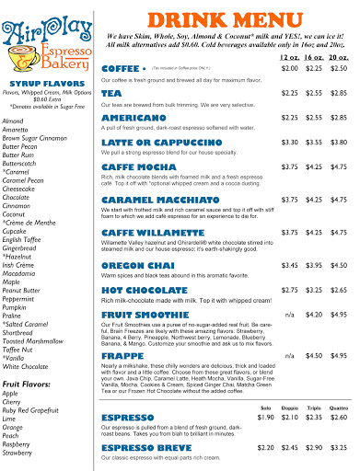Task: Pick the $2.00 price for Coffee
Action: pos(290,68)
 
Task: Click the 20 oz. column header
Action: pos(339,57)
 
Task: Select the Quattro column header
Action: pos(339,406)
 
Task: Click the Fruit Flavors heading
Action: pos(31,357)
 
